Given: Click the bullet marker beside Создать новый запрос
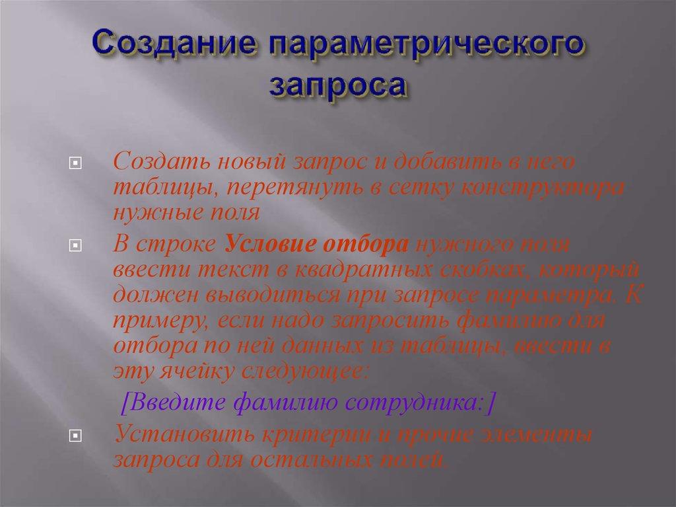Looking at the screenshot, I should click(x=75, y=162).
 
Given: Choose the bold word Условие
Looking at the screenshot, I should click(x=271, y=244).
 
